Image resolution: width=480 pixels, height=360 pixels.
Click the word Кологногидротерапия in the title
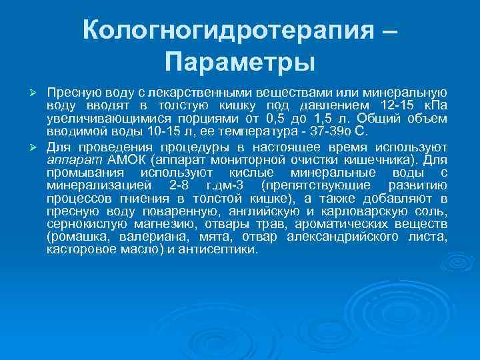coord(225,29)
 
